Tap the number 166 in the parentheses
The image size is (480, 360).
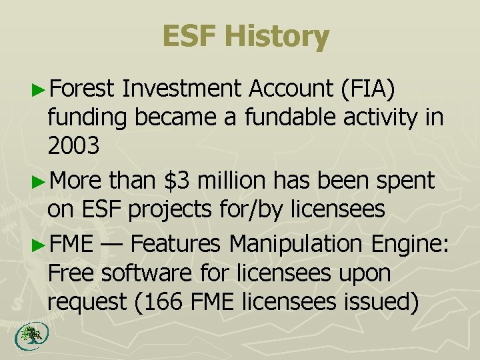pos(165,303)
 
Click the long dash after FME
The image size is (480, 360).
pos(111,243)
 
